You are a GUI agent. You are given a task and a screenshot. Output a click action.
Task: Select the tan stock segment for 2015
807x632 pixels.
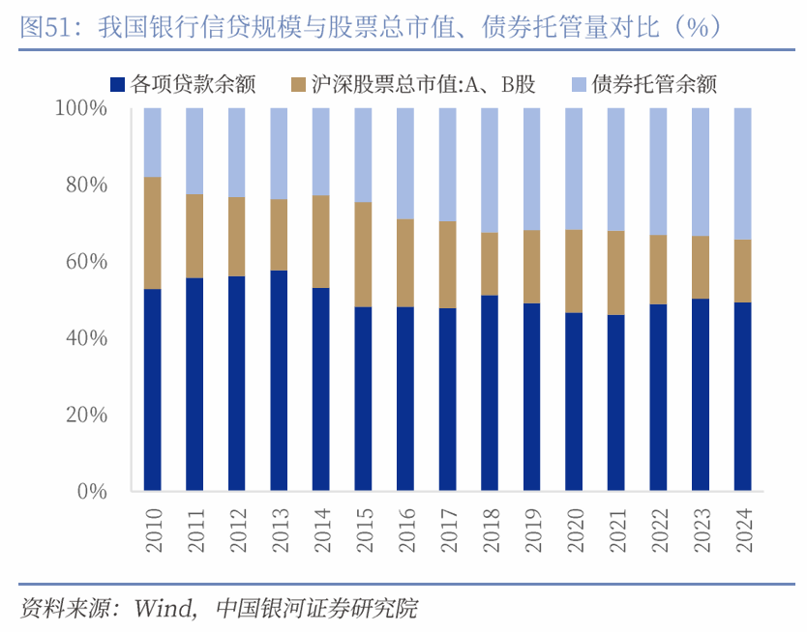click(363, 254)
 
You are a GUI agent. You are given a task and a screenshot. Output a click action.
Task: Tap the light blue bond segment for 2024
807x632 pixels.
click(742, 174)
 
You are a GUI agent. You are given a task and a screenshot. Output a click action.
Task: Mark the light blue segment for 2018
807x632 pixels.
click(490, 170)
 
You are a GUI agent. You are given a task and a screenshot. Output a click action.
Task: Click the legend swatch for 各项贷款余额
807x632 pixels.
click(117, 84)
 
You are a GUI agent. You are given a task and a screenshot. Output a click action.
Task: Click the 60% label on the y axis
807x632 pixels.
click(86, 261)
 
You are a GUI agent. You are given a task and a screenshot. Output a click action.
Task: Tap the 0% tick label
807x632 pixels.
click(92, 491)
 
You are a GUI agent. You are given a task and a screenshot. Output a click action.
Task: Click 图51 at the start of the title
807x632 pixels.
click(45, 26)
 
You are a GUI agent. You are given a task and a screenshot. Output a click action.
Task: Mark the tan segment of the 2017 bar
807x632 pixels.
click(447, 265)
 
